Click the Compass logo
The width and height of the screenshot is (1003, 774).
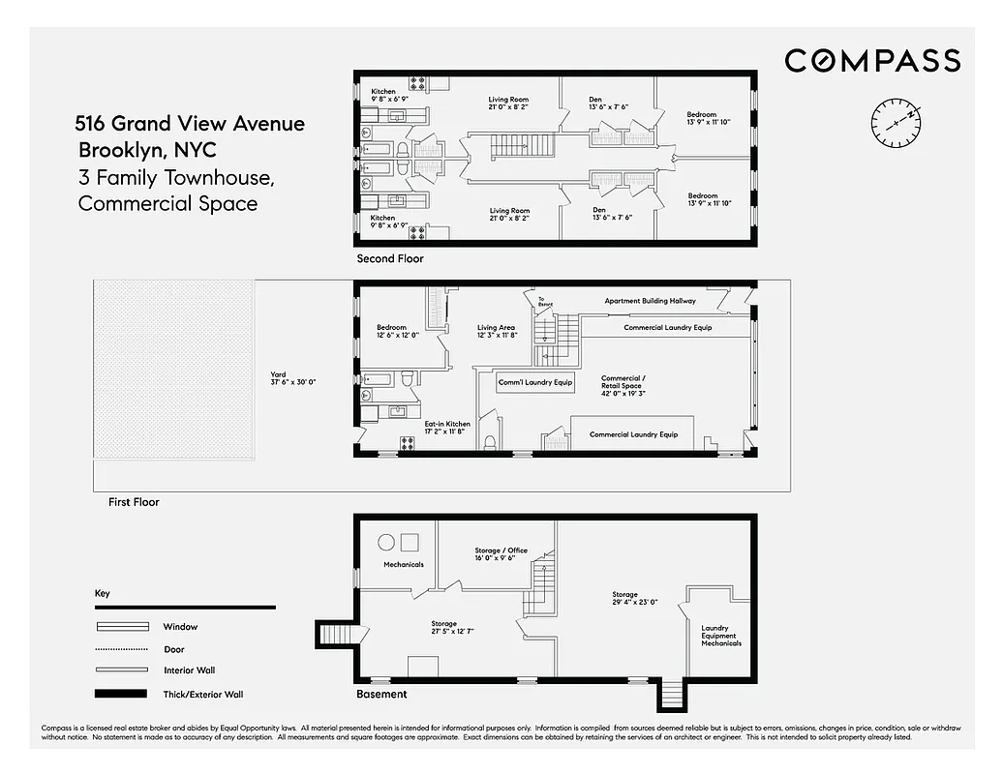point(871,61)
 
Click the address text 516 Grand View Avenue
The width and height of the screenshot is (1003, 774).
point(190,124)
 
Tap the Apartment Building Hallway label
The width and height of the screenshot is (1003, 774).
point(650,301)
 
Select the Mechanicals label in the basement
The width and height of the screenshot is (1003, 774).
point(403,564)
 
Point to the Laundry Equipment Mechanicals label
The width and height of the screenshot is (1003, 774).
point(720,636)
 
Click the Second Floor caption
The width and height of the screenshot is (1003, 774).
point(390,259)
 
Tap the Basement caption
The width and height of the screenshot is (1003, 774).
point(381,694)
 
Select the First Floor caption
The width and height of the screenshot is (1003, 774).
point(135,502)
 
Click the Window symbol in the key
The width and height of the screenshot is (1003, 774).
point(121,627)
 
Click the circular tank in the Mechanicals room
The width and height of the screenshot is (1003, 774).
point(384,542)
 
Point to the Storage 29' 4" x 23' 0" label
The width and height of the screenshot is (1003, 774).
point(634,599)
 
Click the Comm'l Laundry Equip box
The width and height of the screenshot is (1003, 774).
point(535,382)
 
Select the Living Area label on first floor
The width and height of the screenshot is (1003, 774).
point(498,332)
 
